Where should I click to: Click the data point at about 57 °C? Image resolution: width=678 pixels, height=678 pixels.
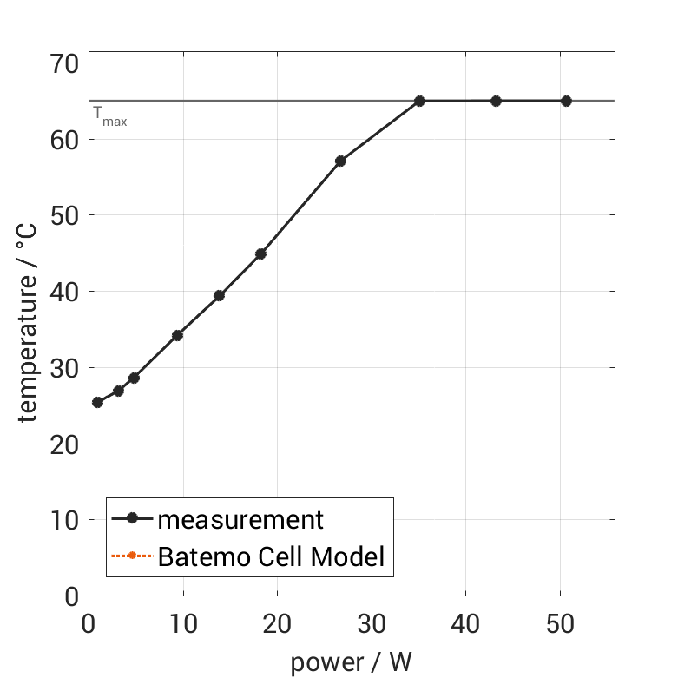pyautogui.click(x=340, y=161)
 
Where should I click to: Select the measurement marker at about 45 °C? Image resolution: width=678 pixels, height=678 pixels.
pyautogui.click(x=260, y=253)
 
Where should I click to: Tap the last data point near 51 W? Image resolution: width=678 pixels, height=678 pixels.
pyautogui.click(x=566, y=101)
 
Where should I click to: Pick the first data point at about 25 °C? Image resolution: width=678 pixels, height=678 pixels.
pyautogui.click(x=97, y=402)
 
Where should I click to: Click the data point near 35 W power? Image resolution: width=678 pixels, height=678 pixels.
pyautogui.click(x=419, y=101)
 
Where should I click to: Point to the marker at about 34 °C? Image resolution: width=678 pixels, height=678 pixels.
pyautogui.click(x=177, y=335)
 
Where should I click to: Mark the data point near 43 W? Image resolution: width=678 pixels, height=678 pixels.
pyautogui.click(x=496, y=101)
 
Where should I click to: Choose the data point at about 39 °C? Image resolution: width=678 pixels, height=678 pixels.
pyautogui.click(x=219, y=295)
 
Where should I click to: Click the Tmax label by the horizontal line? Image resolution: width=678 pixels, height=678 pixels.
pyautogui.click(x=109, y=116)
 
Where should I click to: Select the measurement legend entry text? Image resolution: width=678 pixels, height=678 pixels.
pyautogui.click(x=240, y=519)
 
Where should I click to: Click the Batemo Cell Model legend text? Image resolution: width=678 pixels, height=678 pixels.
pyautogui.click(x=271, y=556)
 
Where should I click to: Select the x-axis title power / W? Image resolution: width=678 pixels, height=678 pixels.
pyautogui.click(x=351, y=662)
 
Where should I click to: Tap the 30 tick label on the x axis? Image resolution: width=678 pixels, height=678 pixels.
pyautogui.click(x=372, y=624)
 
